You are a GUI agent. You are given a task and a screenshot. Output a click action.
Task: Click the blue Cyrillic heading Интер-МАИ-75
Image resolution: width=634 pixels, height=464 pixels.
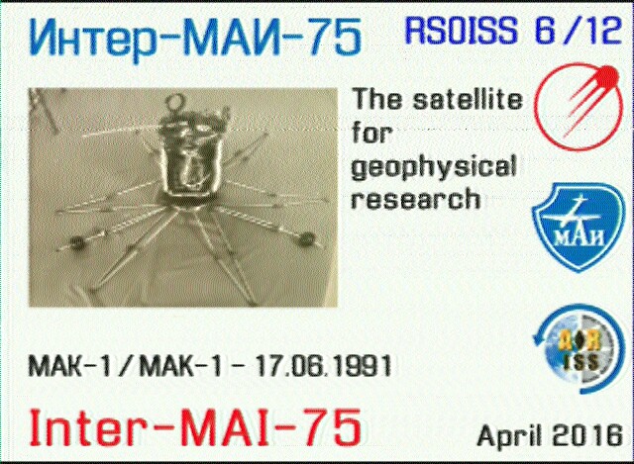[x=195, y=39]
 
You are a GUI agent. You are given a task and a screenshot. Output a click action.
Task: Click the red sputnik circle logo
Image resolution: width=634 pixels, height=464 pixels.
[x=579, y=107]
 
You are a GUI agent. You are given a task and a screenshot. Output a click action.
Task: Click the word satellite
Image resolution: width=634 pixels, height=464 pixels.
[x=468, y=99]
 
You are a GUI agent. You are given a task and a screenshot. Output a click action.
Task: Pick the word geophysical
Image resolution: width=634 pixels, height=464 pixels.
[x=434, y=167]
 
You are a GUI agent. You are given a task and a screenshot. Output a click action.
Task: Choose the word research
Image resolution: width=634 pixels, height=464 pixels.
[x=416, y=198]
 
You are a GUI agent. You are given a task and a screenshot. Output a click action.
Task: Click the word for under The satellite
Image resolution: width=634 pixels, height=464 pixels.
[x=372, y=133]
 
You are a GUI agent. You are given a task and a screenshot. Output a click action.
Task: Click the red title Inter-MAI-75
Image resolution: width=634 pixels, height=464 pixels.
[x=195, y=428]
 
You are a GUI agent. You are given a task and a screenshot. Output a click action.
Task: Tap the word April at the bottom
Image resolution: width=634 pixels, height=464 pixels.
[x=510, y=436]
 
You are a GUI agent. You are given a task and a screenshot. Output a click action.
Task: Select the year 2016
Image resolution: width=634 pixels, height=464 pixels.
[x=587, y=435]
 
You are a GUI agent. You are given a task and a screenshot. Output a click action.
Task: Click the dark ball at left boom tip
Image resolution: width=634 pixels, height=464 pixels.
[x=76, y=242]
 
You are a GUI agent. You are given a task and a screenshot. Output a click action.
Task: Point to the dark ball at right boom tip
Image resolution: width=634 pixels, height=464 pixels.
[x=306, y=238]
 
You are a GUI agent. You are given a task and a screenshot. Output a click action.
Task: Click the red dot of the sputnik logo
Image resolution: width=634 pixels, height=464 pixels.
[x=607, y=75]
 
